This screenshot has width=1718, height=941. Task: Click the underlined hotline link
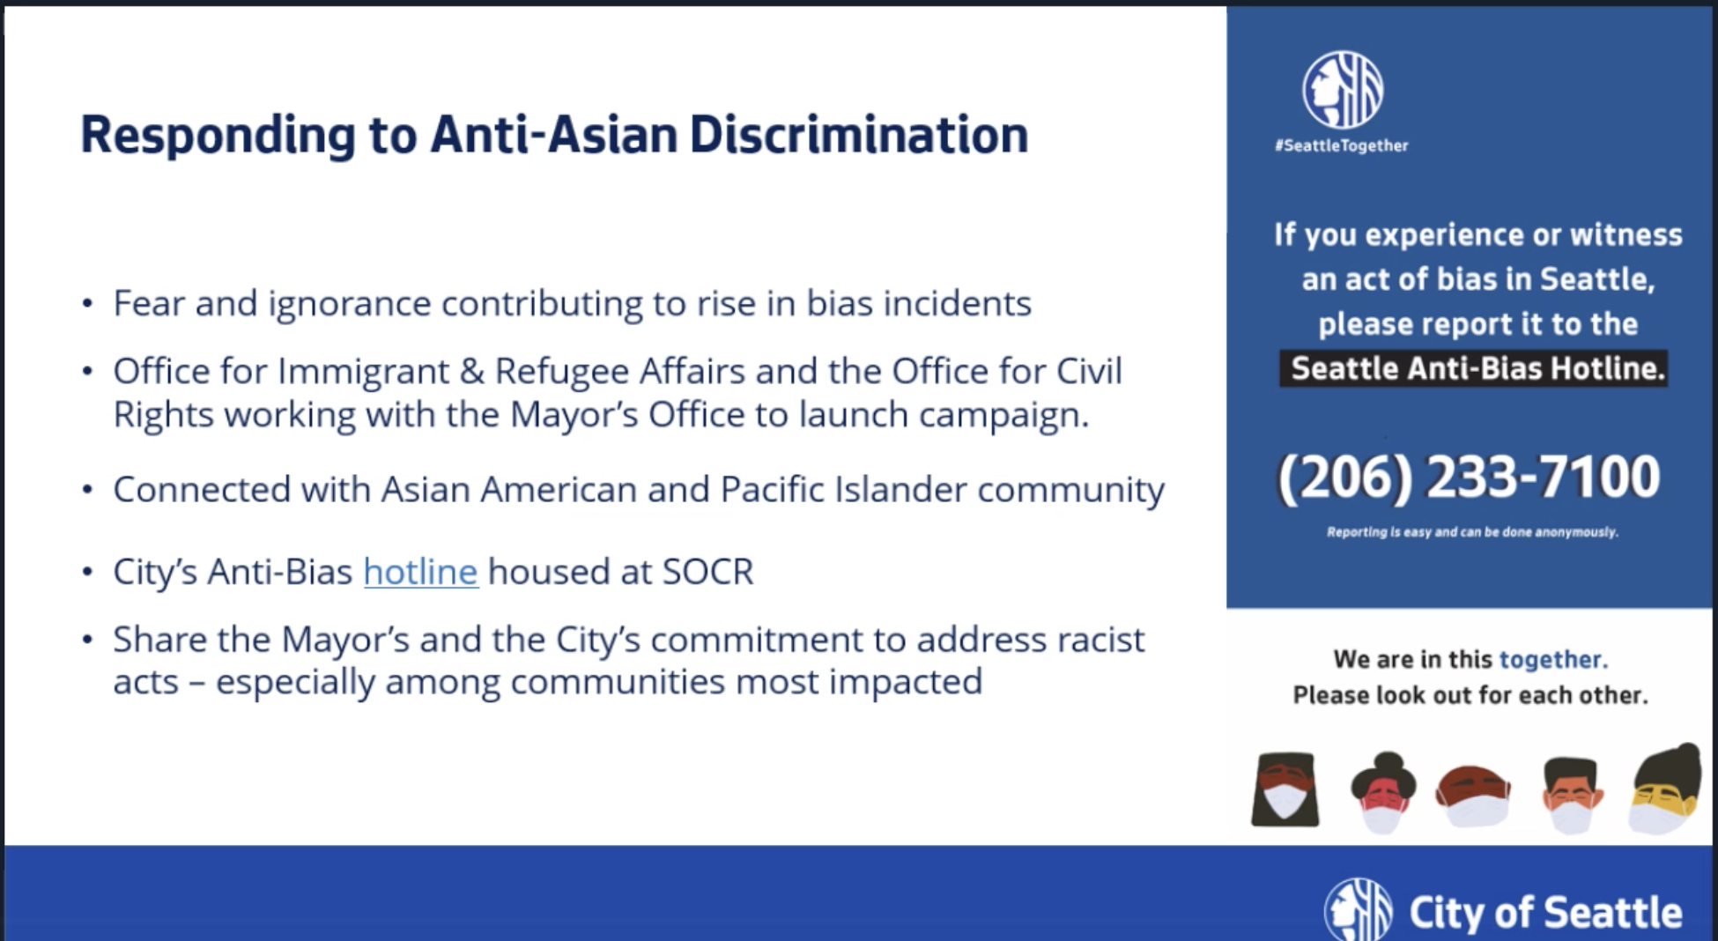coord(420,572)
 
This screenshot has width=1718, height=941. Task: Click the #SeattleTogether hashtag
coord(1341,145)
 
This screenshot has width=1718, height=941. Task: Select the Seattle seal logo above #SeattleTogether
coord(1343,89)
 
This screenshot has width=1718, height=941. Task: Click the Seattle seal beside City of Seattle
coord(1358,909)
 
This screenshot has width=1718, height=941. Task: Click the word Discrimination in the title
coord(859,135)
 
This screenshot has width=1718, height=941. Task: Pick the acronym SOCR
coord(707,572)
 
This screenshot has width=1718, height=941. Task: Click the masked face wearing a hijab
coord(1285,789)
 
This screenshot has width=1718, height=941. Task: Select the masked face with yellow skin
coord(1665,790)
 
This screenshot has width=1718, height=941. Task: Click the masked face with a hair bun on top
coord(1383,792)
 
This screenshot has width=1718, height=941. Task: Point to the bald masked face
coord(1473,796)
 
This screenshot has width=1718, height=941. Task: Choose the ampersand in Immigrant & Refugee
coord(472,372)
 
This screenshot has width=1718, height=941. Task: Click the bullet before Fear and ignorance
coord(87,304)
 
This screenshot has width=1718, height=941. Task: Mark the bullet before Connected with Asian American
coord(87,490)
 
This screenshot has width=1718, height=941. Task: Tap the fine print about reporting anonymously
coord(1472,532)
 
